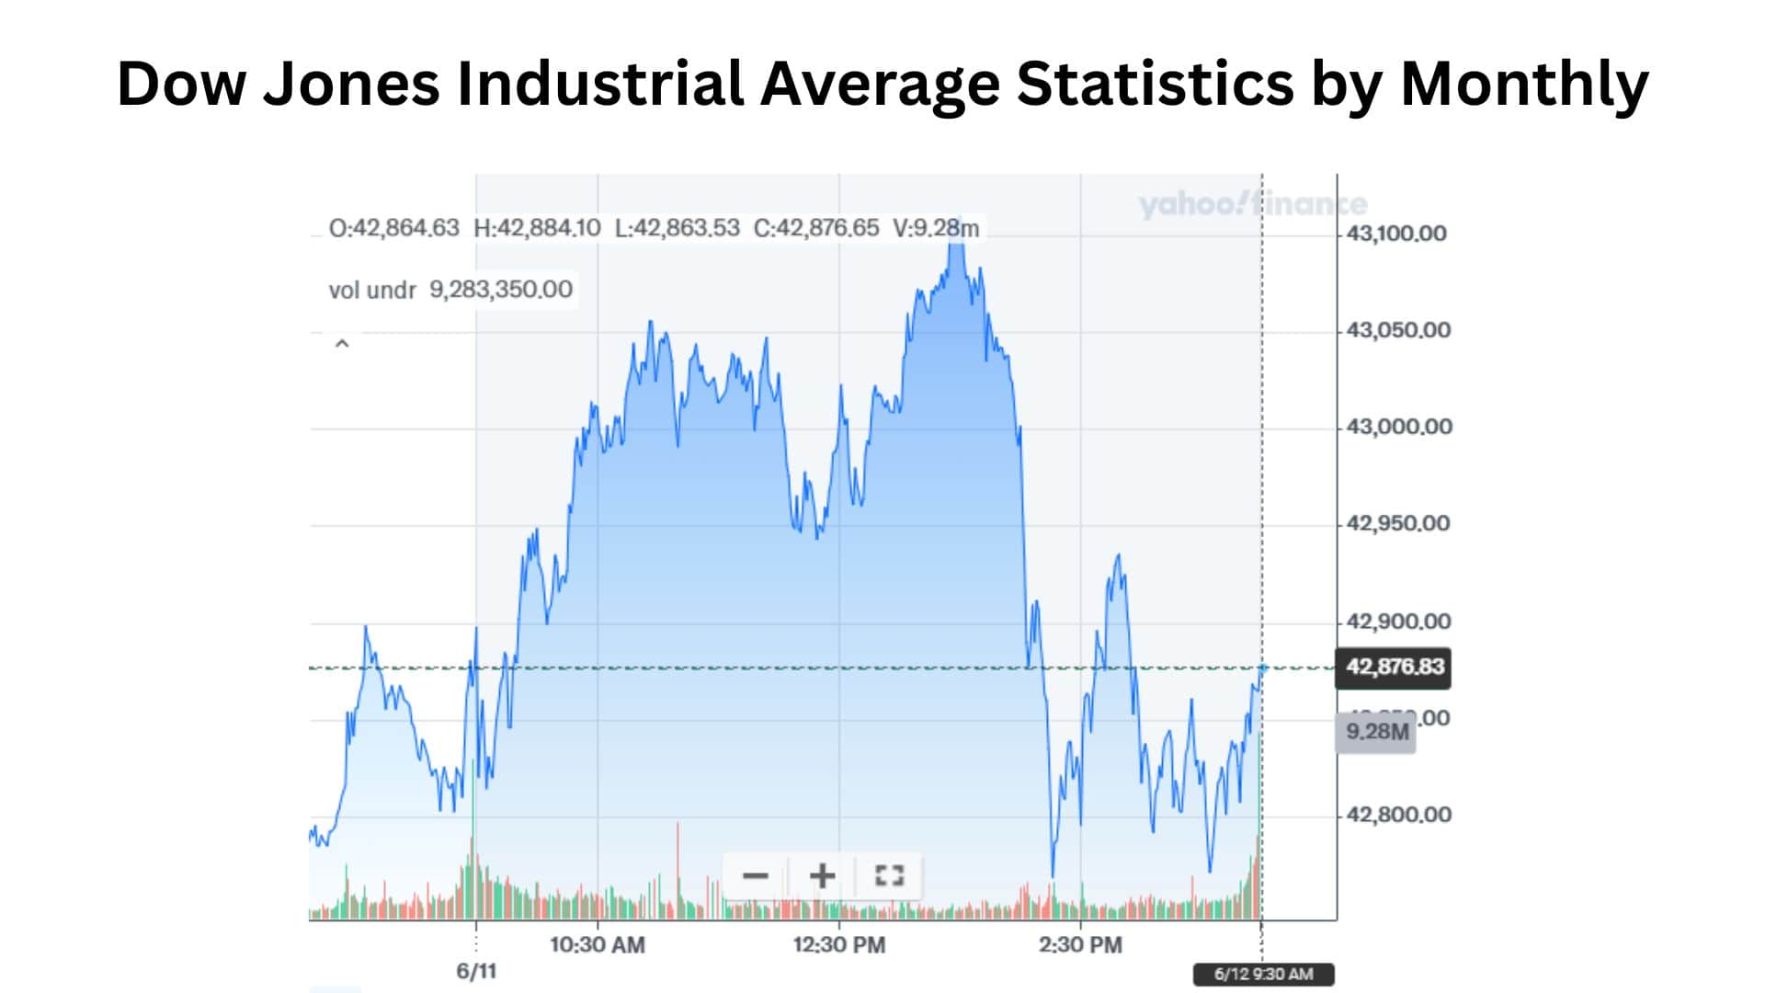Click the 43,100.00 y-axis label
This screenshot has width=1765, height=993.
1395,234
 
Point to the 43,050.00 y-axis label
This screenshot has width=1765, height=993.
1397,330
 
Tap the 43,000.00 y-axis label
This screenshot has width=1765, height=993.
1398,427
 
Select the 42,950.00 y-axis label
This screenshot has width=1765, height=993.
1397,523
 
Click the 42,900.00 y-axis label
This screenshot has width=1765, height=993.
1397,622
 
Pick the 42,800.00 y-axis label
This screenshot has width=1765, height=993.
1397,815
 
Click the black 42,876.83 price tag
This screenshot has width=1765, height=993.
1394,667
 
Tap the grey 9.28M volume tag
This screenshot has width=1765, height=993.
1376,732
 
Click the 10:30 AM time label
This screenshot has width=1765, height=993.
598,944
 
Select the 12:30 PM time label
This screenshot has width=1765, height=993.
838,944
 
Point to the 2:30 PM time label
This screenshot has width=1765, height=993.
1080,944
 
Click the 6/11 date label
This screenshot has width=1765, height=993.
476,971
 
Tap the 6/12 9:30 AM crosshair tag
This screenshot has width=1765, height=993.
1263,974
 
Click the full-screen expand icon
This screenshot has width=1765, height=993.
889,875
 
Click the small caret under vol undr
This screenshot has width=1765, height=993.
342,344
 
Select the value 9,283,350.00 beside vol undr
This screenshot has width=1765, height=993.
501,290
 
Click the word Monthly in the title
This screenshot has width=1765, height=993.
1524,84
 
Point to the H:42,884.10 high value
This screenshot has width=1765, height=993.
537,228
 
